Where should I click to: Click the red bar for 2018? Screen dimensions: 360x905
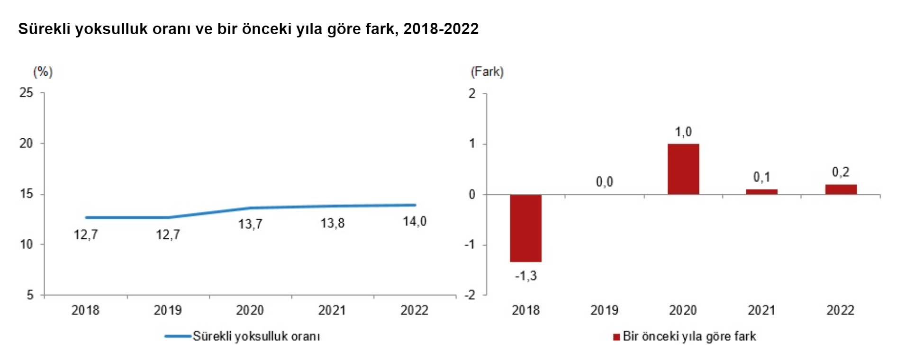pos(525,228)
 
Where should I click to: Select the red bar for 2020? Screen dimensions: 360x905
pos(683,169)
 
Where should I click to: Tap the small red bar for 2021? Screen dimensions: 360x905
pos(761,192)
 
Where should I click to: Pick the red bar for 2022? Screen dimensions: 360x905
pos(841,189)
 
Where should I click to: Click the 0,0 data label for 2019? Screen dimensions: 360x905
pos(604,182)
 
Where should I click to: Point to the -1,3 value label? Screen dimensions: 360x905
pos(525,276)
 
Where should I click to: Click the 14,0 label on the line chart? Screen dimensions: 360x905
pos(415,221)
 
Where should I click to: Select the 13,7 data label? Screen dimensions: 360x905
pos(250,224)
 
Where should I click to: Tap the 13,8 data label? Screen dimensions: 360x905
pos(332,223)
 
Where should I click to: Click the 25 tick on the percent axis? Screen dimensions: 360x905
pos(27,93)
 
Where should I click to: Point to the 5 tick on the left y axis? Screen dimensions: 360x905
pos(30,295)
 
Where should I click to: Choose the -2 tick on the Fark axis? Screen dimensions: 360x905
pos(470,295)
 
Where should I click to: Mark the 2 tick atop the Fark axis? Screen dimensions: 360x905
pos(472,93)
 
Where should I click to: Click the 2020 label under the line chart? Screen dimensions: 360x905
pos(250,310)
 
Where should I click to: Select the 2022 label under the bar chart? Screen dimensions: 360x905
pos(840,310)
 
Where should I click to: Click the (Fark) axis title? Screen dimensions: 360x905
pos(487,72)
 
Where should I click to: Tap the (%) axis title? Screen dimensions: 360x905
pos(43,72)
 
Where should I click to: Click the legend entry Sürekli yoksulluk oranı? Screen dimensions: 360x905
pos(256,336)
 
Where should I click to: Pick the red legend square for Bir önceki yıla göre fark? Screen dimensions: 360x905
pos(616,337)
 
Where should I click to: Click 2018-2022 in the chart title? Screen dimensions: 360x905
pos(441,29)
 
